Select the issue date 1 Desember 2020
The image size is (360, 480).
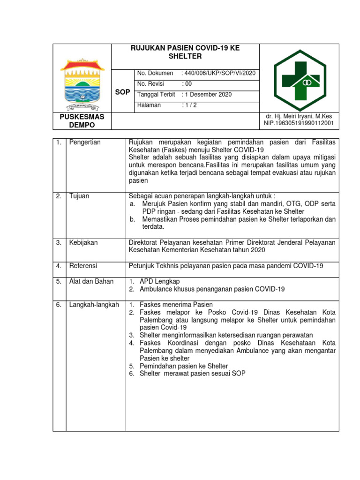tap(207, 94)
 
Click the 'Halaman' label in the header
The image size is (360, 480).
tap(149, 105)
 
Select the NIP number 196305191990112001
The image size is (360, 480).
tap(299, 124)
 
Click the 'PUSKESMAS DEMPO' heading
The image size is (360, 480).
tap(82, 120)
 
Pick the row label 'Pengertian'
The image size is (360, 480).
tap(85, 142)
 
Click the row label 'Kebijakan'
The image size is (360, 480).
tap(83, 242)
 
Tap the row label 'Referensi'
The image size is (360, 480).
tap(83, 266)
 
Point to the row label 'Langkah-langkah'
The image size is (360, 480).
tap(94, 305)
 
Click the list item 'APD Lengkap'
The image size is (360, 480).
tap(159, 281)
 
